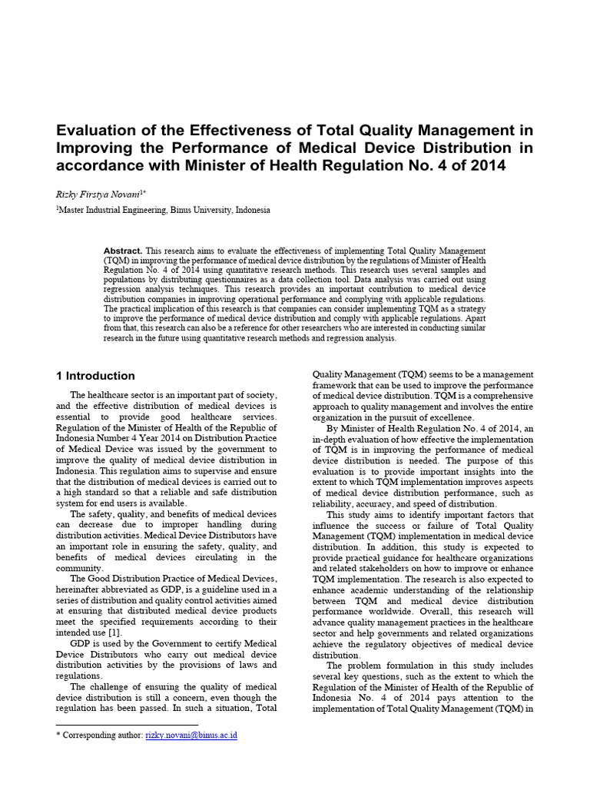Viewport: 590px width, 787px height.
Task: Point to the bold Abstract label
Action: pyautogui.click(x=123, y=251)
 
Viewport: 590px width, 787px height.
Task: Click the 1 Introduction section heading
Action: pyautogui.click(x=96, y=376)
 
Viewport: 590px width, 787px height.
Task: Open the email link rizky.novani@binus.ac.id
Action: pyautogui.click(x=191, y=736)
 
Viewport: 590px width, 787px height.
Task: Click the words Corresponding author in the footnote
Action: pyautogui.click(x=104, y=736)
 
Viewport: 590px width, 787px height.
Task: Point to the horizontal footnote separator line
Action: pyautogui.click(x=127, y=723)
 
